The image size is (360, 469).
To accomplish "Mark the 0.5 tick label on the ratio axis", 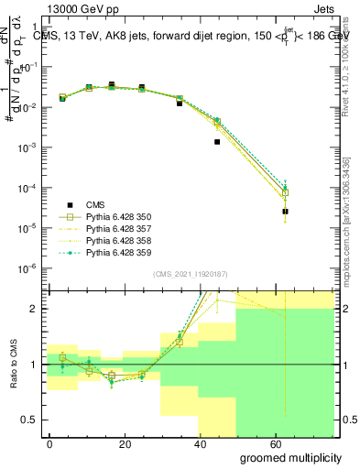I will pyautogui.click(x=27, y=420).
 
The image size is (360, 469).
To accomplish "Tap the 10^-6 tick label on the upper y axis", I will pyautogui.click(x=26, y=267).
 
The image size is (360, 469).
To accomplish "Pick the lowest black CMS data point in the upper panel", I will pyautogui.click(x=285, y=212).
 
